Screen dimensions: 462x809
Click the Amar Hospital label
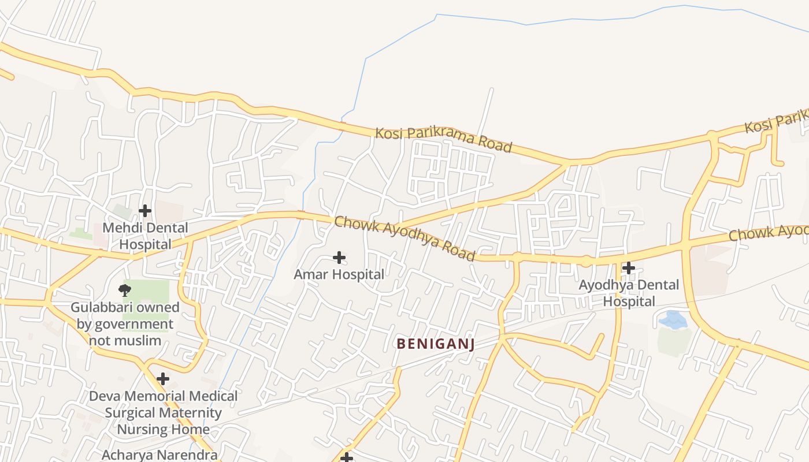[x=339, y=274]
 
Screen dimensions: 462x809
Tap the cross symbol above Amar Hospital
[x=339, y=258]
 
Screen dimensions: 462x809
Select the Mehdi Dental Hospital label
[x=145, y=236]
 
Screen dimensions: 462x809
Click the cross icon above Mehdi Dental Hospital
[x=145, y=211]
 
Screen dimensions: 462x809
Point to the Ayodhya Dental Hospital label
[x=629, y=293]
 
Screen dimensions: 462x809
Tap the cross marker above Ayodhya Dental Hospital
[x=629, y=268]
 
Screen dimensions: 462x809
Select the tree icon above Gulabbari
[x=124, y=290]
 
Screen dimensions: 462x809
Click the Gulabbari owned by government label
[x=125, y=323]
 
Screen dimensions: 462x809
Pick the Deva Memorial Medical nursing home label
[x=163, y=412]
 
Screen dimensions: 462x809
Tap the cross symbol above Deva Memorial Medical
[x=163, y=379]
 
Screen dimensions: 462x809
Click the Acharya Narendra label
[x=159, y=454]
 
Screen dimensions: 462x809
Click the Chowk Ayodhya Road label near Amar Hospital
[x=404, y=238]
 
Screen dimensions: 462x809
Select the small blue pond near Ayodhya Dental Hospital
[x=672, y=320]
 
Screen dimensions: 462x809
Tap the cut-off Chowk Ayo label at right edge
[x=768, y=232]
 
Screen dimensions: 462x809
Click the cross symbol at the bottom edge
[x=346, y=458]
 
